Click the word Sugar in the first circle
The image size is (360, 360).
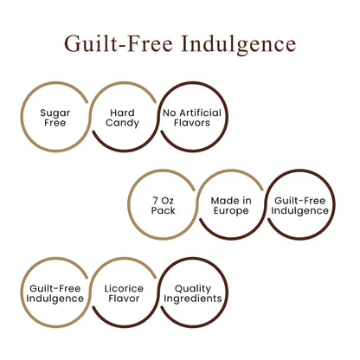point(55,113)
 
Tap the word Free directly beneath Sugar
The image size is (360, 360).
point(55,123)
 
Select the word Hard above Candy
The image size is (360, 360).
point(122,112)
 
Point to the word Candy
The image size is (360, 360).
point(122,123)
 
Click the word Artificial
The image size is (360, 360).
point(201,112)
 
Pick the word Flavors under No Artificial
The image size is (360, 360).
point(192,123)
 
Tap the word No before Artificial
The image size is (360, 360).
point(170,112)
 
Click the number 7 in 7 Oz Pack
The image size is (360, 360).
point(156,201)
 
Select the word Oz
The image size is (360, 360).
point(168,201)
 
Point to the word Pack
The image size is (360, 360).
point(163,210)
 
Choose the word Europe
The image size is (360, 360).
point(231,211)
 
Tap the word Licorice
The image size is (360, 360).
point(124,288)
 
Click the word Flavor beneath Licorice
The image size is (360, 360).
point(124,299)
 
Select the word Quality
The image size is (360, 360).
point(193,289)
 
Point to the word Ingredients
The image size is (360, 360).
point(193,299)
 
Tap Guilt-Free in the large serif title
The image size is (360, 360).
point(119,44)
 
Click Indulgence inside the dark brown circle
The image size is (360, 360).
point(299,211)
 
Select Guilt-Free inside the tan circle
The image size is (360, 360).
point(55,288)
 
